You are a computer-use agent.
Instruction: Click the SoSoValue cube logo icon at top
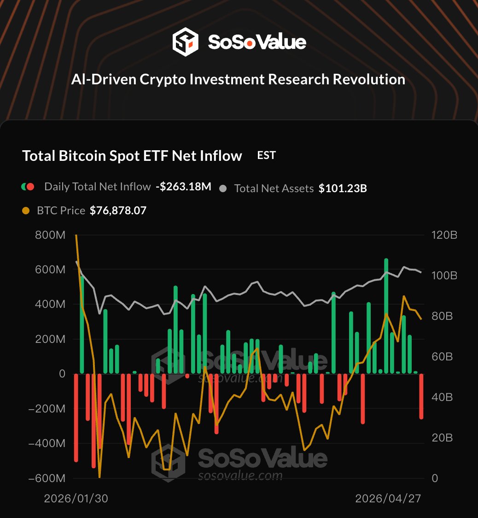coord(185,42)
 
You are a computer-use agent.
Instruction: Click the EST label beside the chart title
coord(266,155)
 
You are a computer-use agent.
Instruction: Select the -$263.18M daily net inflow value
coord(183,187)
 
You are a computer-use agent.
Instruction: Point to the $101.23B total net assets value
coord(343,188)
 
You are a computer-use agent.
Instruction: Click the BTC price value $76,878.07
coord(118,211)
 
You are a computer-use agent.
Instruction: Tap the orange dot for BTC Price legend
coord(26,211)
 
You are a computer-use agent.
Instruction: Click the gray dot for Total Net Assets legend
coord(223,188)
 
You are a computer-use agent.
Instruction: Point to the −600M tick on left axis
coord(47,478)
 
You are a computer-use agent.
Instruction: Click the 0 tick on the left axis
coord(62,374)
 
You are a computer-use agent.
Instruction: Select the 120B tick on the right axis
coord(444,235)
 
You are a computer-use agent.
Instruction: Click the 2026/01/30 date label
coord(76,498)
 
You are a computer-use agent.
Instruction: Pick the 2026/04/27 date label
coord(388,498)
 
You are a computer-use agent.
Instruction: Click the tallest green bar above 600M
coord(386,316)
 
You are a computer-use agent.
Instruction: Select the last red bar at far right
coord(421,396)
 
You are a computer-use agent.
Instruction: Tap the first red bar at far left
coord(76,417)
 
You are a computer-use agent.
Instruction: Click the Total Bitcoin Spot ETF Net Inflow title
coord(132,156)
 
